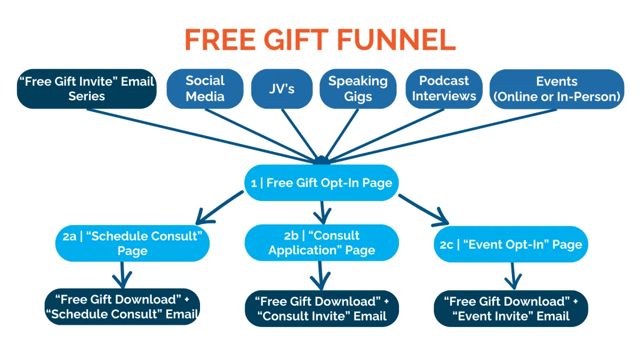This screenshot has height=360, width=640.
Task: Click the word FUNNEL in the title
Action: [396, 39]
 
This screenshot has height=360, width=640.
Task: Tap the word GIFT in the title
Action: [296, 39]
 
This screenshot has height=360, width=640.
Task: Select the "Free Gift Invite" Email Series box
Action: [86, 89]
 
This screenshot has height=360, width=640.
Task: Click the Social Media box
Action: [205, 89]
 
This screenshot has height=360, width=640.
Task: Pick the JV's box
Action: [282, 89]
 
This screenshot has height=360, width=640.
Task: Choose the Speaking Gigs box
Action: [358, 89]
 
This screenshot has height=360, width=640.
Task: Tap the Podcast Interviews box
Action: [444, 89]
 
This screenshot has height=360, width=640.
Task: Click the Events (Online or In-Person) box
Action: [557, 89]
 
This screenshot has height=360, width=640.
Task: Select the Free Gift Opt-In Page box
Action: [322, 182]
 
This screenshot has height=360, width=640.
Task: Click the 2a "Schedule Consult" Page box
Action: [132, 243]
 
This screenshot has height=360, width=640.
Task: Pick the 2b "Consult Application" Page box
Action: [322, 243]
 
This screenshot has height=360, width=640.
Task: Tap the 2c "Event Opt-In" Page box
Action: [511, 244]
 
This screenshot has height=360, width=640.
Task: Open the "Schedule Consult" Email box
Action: [122, 307]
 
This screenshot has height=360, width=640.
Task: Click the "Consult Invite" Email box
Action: [322, 309]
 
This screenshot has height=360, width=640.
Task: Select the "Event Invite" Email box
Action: [511, 309]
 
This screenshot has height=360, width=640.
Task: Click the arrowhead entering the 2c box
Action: [442, 219]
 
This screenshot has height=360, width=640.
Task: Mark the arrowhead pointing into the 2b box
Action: [323, 217]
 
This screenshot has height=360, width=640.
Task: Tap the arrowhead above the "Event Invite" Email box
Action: [514, 282]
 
